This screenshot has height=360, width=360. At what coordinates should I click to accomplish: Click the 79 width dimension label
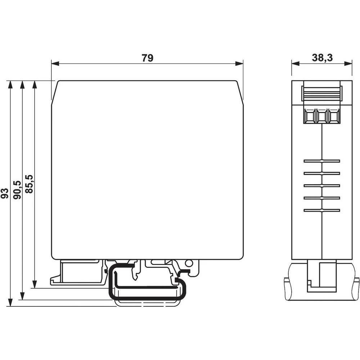pyautogui.click(x=147, y=58)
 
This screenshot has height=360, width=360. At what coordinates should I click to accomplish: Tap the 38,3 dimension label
pyautogui.click(x=322, y=58)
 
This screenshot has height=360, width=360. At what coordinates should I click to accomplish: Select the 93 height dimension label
pyautogui.click(x=5, y=193)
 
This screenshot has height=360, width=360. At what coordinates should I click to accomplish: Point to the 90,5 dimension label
pyautogui.click(x=17, y=189)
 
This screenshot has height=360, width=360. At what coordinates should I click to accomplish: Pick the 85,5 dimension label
pyautogui.click(x=29, y=184)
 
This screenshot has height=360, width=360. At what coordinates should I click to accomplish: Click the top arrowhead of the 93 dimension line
pyautogui.click(x=10, y=84)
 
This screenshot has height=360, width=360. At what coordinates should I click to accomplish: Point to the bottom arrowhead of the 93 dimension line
pyautogui.click(x=10, y=303)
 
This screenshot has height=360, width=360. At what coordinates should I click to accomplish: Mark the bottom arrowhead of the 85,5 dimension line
pyautogui.click(x=35, y=284)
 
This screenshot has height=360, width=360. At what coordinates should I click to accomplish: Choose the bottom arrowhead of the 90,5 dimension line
pyautogui.click(x=22, y=296)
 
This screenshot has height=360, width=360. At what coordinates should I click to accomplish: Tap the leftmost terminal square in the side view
pyautogui.click(x=309, y=116)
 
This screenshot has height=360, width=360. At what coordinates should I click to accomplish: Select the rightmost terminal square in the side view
pyautogui.click(x=334, y=116)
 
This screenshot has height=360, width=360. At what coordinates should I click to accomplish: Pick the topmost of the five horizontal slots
pyautogui.click(x=322, y=161)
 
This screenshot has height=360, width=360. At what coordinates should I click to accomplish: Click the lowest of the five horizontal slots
pyautogui.click(x=322, y=210)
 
